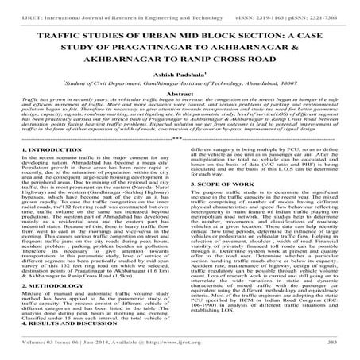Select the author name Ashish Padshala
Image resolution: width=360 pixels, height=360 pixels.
180,78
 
